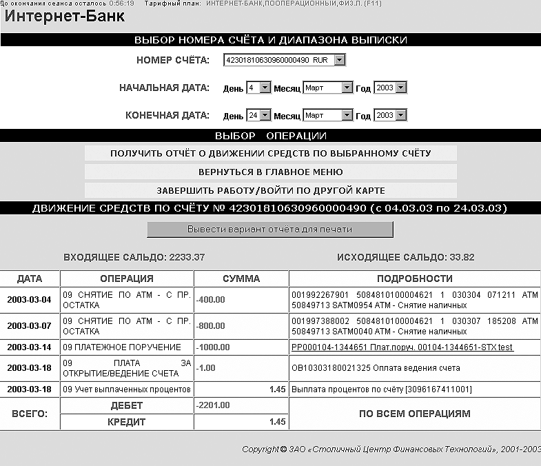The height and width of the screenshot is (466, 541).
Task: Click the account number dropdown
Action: (x=284, y=61)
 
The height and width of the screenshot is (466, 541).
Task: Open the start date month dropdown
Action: (x=327, y=88)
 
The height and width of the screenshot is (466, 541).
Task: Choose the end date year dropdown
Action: (x=390, y=116)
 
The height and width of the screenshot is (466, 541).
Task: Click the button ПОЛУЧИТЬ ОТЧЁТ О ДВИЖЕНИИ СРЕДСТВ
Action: (x=271, y=153)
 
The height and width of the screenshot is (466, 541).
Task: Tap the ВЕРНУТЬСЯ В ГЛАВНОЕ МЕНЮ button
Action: (x=271, y=172)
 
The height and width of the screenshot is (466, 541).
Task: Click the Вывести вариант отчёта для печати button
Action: (x=269, y=230)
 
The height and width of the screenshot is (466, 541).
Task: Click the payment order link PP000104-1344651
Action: (x=402, y=347)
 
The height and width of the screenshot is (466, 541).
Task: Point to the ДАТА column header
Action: (x=30, y=279)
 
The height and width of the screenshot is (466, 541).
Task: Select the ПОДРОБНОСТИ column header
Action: (x=415, y=279)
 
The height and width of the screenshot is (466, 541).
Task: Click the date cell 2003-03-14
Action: (x=30, y=347)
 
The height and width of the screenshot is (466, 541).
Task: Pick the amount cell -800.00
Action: (x=212, y=324)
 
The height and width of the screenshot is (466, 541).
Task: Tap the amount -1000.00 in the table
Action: (x=214, y=347)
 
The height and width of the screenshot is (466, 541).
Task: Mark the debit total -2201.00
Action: (x=214, y=405)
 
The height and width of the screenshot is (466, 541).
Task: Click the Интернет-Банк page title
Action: (x=65, y=17)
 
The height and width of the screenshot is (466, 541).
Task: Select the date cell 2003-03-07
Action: (x=30, y=324)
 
